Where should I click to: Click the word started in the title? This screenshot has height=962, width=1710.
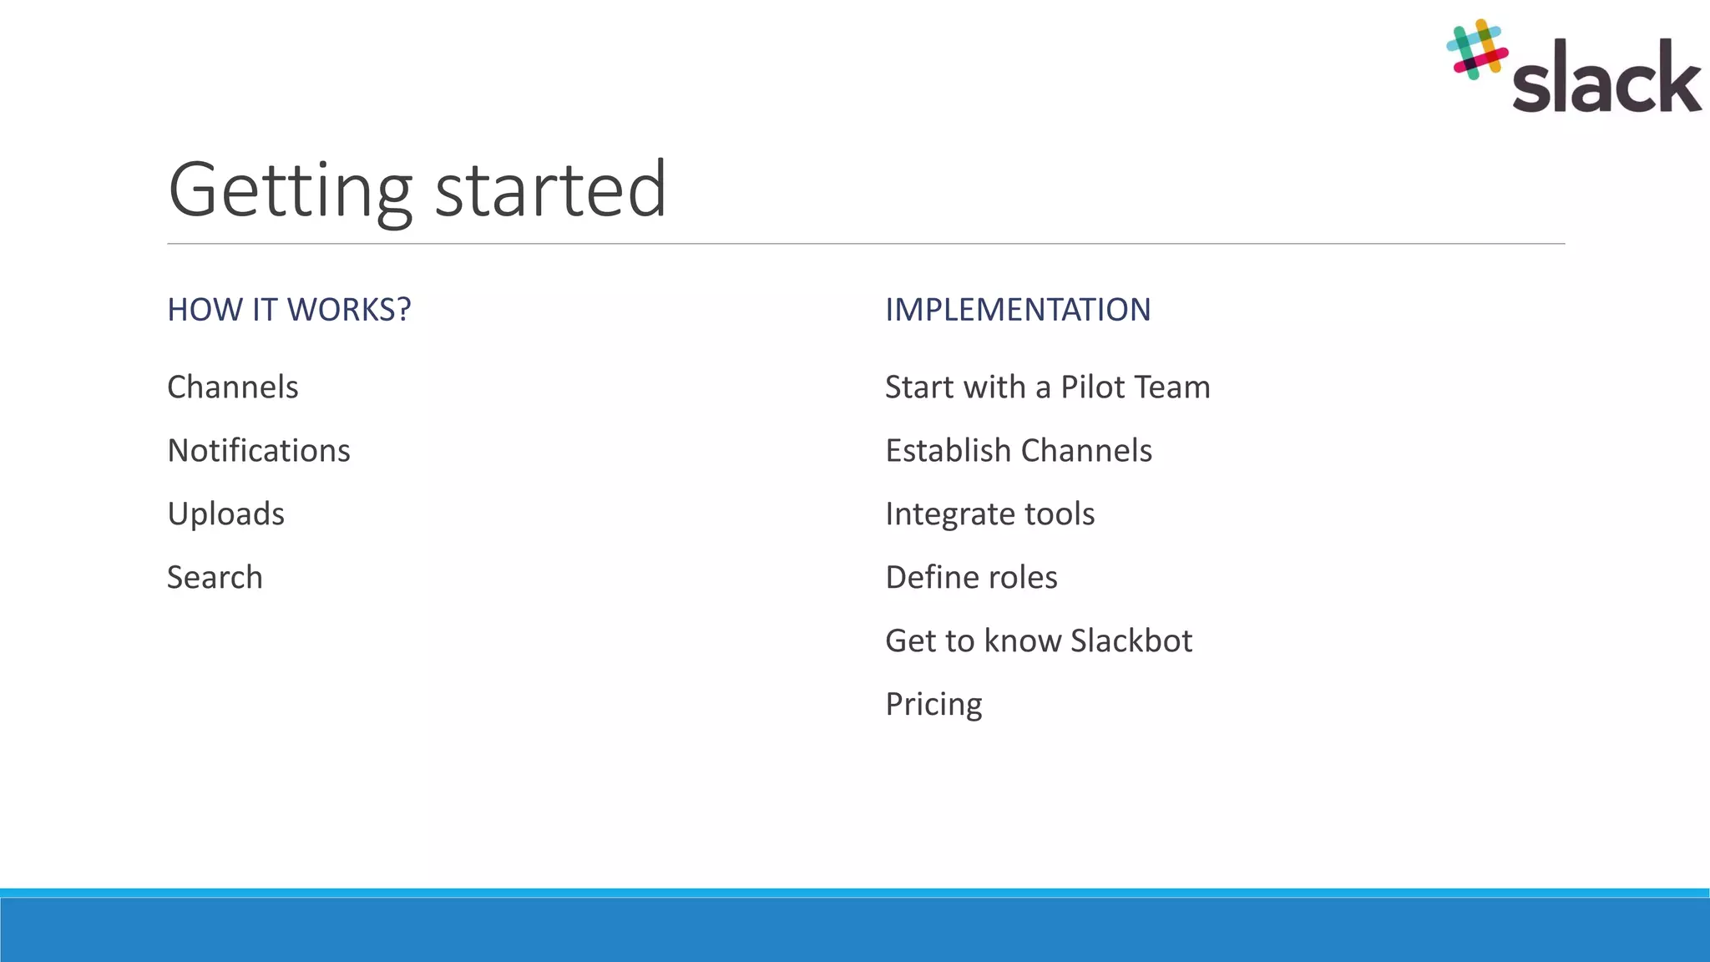[x=550, y=190]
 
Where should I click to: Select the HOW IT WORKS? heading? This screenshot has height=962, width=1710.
[x=289, y=310]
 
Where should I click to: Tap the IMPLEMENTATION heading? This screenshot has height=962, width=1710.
[x=1018, y=310]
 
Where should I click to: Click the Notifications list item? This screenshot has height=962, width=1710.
[x=259, y=451]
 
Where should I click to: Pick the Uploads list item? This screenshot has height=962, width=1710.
[x=225, y=514]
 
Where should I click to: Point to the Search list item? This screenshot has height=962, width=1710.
[x=215, y=578]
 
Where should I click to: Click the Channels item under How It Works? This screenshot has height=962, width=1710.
[x=233, y=387]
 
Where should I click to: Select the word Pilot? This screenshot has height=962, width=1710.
[x=1090, y=387]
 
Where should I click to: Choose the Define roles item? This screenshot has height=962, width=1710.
[x=971, y=578]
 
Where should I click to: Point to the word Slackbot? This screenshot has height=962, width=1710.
[x=1131, y=641]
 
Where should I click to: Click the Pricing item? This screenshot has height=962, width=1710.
[x=933, y=705]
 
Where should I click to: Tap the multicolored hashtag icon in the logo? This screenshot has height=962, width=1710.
[x=1476, y=50]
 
